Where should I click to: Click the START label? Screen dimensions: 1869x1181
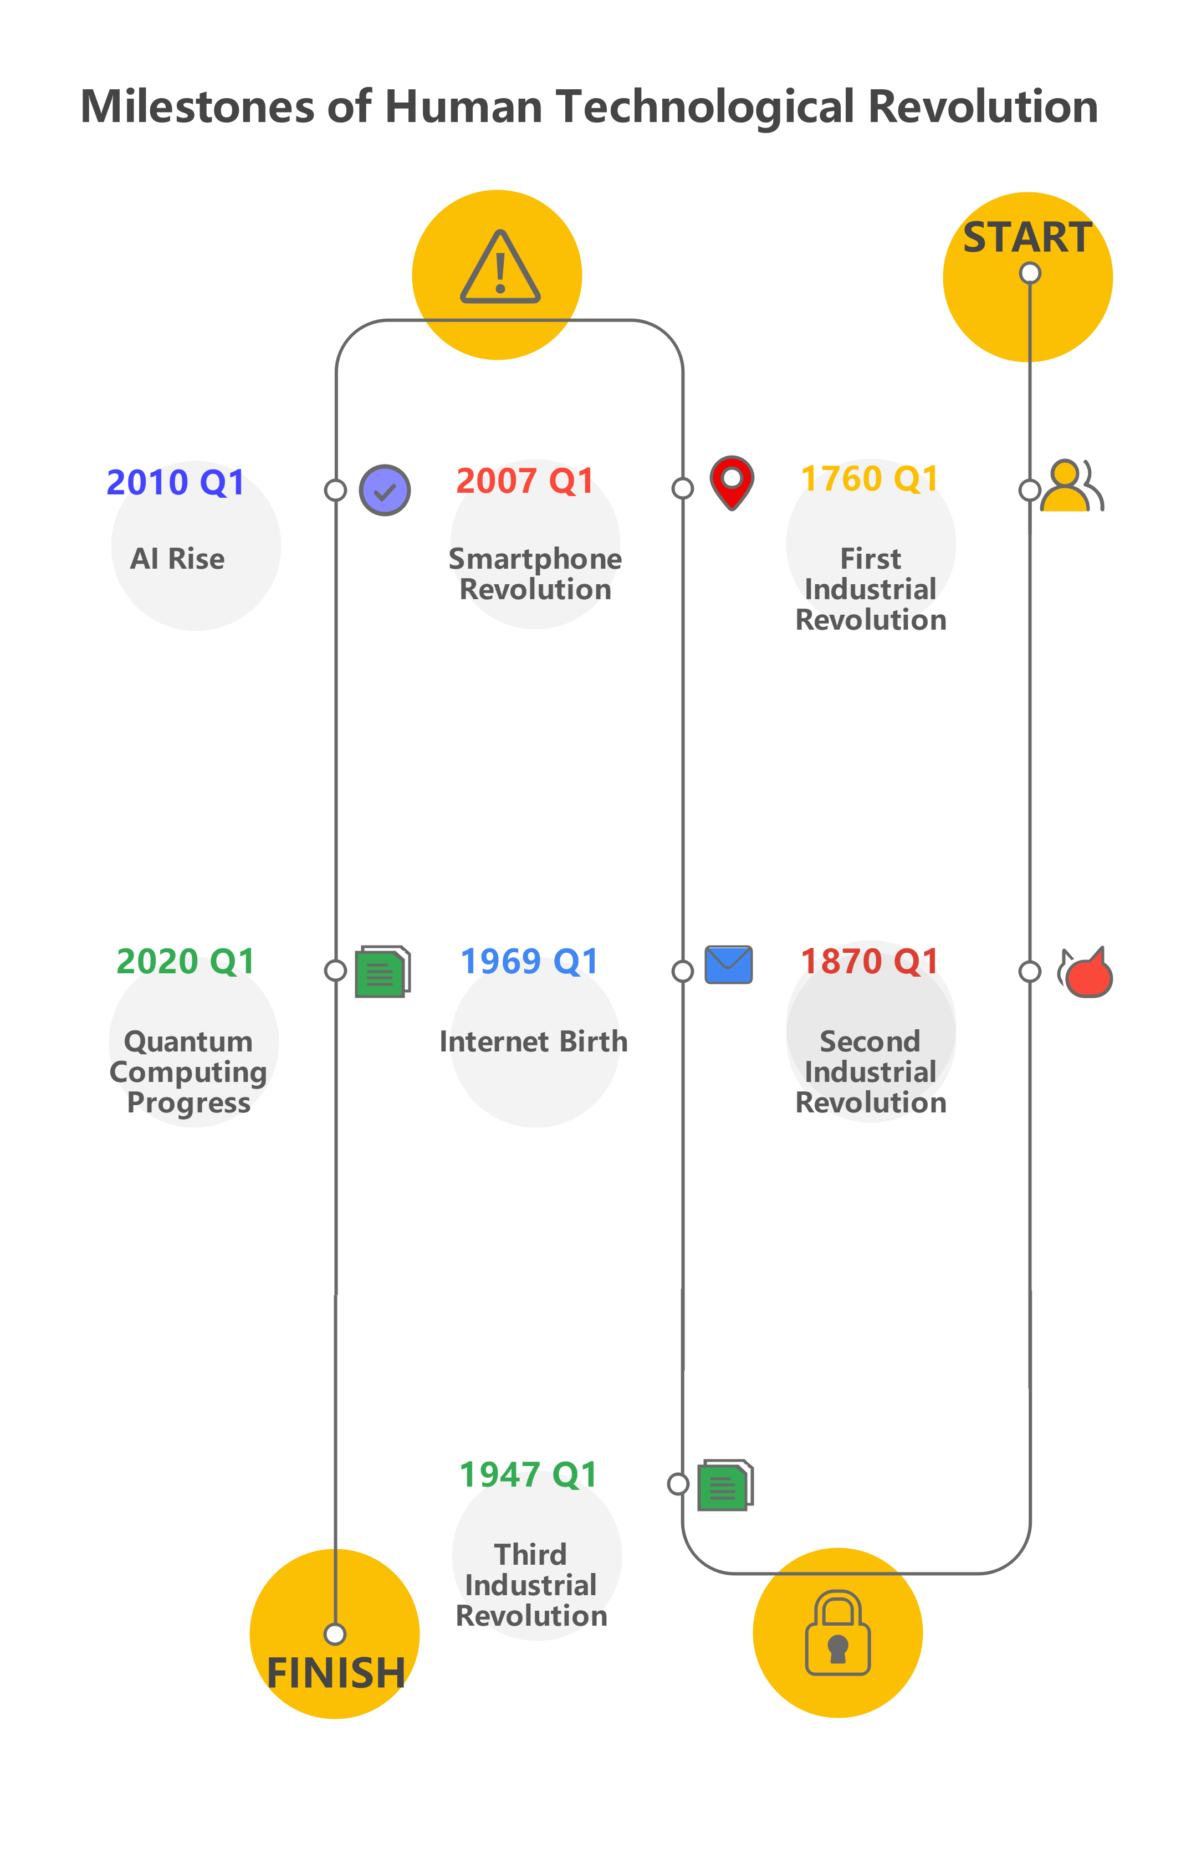(x=1027, y=238)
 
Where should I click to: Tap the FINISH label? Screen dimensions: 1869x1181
(x=335, y=1673)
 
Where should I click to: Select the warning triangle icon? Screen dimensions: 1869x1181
(x=500, y=268)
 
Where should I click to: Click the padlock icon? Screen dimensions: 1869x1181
(x=837, y=1633)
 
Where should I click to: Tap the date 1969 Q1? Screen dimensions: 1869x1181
(x=529, y=962)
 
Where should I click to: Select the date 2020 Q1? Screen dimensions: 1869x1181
(x=186, y=962)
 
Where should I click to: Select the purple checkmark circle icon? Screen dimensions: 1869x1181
(x=385, y=491)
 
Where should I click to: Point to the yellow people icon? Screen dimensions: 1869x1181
(x=1071, y=486)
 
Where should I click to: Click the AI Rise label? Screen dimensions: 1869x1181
(x=178, y=559)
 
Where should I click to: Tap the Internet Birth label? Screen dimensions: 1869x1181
(x=533, y=1041)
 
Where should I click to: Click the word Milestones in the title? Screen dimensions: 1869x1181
(x=198, y=106)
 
